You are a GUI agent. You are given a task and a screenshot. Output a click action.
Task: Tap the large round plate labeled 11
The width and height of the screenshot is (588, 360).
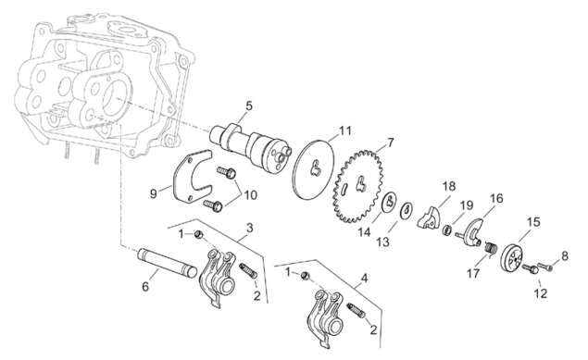314,168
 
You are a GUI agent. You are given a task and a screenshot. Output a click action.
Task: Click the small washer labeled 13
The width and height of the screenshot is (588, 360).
407,210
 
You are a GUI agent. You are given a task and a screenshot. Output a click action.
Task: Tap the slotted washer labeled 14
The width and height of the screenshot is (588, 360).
390,202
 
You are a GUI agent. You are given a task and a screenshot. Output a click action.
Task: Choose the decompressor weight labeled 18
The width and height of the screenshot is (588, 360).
428,217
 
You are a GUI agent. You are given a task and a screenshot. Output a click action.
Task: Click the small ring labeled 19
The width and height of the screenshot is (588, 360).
447,230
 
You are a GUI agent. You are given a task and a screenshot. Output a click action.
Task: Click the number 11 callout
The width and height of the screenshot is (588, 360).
345,131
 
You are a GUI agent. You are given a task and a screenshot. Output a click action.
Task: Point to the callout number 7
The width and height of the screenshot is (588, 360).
391,143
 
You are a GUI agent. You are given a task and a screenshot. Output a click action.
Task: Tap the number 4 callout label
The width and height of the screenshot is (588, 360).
364,279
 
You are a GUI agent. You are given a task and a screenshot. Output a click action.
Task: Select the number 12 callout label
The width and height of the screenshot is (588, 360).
541,293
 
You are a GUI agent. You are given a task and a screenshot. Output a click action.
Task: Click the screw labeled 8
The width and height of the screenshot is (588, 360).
545,267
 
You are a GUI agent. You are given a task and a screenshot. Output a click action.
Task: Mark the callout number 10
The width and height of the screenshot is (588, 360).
251,194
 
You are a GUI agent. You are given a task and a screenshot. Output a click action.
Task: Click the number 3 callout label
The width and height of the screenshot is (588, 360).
250,228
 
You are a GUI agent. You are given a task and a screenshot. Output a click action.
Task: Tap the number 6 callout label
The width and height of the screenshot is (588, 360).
145,287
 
